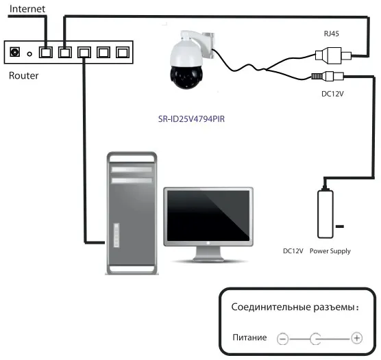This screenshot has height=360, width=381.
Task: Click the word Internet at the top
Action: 27,9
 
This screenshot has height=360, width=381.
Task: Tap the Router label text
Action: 23,75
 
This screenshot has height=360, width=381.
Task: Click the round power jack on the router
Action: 14,52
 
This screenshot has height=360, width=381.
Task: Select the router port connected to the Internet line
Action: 46,52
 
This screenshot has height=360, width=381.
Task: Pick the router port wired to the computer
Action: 84,52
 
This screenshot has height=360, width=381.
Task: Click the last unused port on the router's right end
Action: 123,52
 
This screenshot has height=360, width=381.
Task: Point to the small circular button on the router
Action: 29,54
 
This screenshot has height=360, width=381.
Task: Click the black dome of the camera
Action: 186,77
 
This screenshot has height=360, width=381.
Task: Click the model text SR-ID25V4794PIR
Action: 191,119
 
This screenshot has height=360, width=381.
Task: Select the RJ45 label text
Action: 332,34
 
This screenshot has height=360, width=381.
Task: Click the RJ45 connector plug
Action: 333,55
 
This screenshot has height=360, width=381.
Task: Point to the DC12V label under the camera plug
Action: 332,94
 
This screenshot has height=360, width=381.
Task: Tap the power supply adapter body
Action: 325,214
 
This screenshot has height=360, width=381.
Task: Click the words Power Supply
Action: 330,251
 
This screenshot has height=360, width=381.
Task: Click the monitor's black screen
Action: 208,216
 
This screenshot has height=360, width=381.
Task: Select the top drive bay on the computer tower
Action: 132,170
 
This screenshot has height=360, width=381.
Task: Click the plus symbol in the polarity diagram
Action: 357,338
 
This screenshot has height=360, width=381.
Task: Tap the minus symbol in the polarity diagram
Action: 282,338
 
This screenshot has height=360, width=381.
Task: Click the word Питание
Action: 249,337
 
